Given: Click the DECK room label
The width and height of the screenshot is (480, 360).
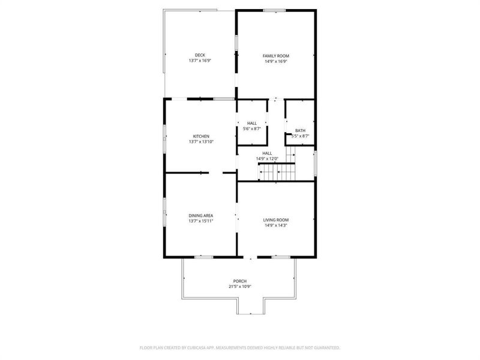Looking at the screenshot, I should pos(200,55).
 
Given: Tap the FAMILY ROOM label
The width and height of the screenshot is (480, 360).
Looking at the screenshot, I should pos(275,56).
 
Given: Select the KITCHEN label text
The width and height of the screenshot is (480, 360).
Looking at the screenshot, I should pos(201,136).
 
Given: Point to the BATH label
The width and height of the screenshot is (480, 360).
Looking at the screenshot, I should pos(300,131).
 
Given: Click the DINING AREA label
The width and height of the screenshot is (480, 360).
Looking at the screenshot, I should pos(201,215).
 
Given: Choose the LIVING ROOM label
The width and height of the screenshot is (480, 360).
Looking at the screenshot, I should pos(275,220).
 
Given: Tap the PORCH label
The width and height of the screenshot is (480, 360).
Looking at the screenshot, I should pos(240,281).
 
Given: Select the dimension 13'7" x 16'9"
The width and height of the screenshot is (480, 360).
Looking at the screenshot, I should pos(200,61).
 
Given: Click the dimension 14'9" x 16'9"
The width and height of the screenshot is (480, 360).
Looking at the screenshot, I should pos(275,61).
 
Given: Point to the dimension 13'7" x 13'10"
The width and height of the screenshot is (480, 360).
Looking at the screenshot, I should pos(201,142).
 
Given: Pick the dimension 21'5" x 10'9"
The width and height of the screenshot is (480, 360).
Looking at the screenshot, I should pos(240,286).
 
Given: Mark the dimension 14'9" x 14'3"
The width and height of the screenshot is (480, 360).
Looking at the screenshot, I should pos(275,225).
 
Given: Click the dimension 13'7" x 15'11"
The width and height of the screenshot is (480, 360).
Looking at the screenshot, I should pos(201,221).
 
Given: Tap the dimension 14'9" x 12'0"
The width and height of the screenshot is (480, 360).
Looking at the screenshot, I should pos(267,158).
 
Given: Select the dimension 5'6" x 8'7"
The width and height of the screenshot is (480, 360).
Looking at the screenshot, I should pos(252,128).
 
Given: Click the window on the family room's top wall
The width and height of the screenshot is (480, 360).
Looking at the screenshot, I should pos(274,10).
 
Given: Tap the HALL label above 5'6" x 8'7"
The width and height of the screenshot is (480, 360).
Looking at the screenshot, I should pos(252,123).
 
